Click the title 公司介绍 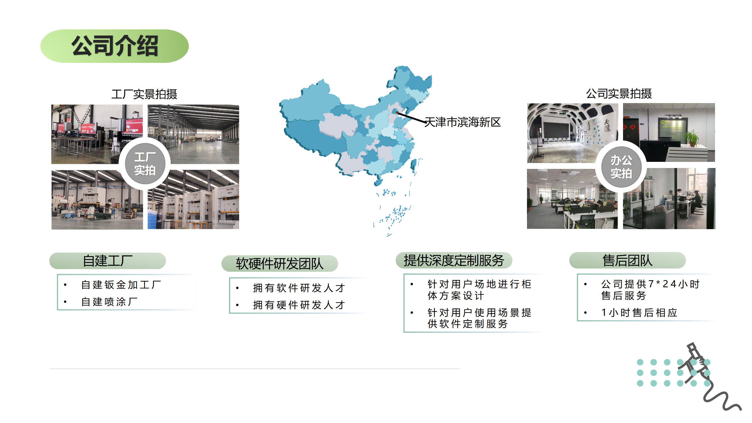pos(115,46)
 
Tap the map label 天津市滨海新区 pos(463,122)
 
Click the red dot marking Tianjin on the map pos(397,112)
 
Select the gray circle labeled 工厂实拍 pos(145,164)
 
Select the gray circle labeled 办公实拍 pos(621,167)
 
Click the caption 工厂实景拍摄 pos(144,94)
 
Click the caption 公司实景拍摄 pos(619,94)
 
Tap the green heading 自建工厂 pos(108,261)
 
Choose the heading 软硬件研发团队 pos(280,263)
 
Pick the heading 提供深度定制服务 pos(454,260)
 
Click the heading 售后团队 pos(627,260)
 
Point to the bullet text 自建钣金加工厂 pos(121,285)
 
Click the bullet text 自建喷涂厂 pos(109,302)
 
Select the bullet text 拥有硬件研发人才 pos(299,305)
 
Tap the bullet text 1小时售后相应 pos(639,313)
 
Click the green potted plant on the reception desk pos(692,137)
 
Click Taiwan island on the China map pos(413,165)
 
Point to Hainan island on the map pos(378,182)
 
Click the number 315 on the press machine pos(229,193)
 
